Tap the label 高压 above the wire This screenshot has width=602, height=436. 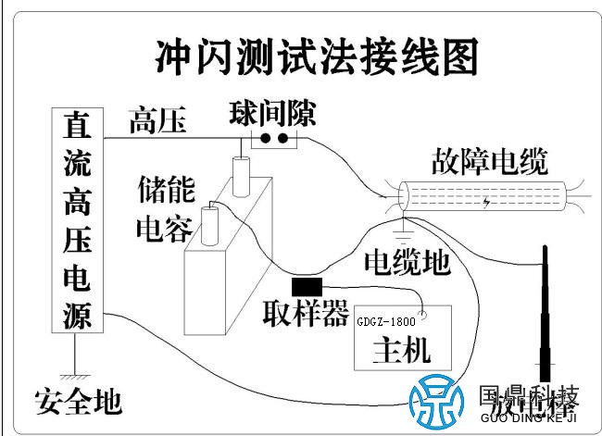click(x=157, y=121)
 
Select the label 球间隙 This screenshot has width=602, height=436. click(x=272, y=114)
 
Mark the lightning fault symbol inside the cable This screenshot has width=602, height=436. click(x=487, y=200)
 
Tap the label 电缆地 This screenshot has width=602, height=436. click(x=408, y=262)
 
